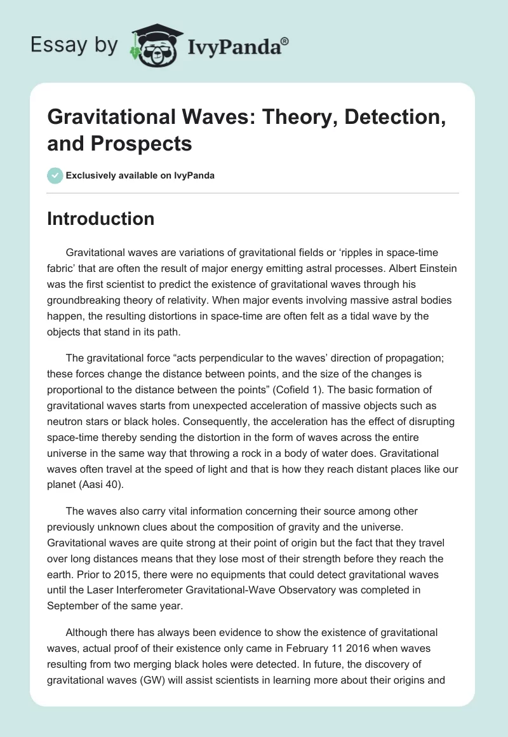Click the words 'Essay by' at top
pos(74,44)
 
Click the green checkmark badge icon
pos(55,175)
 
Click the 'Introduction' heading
pos(100,219)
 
